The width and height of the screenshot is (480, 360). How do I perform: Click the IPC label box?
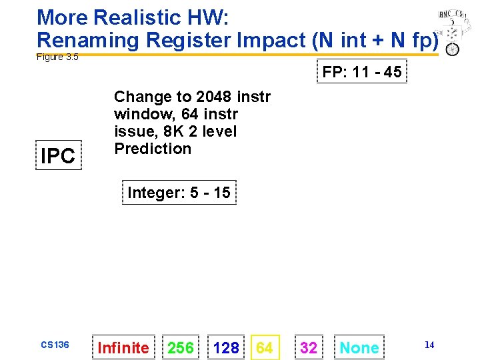[x=58, y=155]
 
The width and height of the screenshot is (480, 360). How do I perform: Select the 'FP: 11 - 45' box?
[x=362, y=71]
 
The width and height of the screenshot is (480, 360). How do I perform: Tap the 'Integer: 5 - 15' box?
[x=179, y=193]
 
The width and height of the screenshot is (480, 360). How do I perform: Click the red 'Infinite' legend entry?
[x=123, y=347]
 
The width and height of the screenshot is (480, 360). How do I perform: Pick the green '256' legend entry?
[x=181, y=347]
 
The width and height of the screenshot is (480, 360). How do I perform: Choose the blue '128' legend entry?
[x=226, y=347]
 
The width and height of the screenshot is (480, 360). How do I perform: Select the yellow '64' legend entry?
[x=265, y=347]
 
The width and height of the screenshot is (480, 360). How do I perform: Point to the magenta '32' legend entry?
[x=309, y=347]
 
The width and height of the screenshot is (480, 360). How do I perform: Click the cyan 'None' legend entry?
[x=359, y=347]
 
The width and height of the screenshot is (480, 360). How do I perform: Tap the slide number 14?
[x=429, y=345]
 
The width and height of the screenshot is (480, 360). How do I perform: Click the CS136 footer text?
[x=55, y=345]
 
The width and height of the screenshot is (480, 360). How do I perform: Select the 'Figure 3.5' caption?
[x=57, y=57]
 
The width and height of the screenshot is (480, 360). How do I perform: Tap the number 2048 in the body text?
[x=215, y=97]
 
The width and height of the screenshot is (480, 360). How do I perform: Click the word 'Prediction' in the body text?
[x=153, y=149]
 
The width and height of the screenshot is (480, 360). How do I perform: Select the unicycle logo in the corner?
[x=451, y=33]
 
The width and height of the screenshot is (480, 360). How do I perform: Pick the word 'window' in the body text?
[x=139, y=114]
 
